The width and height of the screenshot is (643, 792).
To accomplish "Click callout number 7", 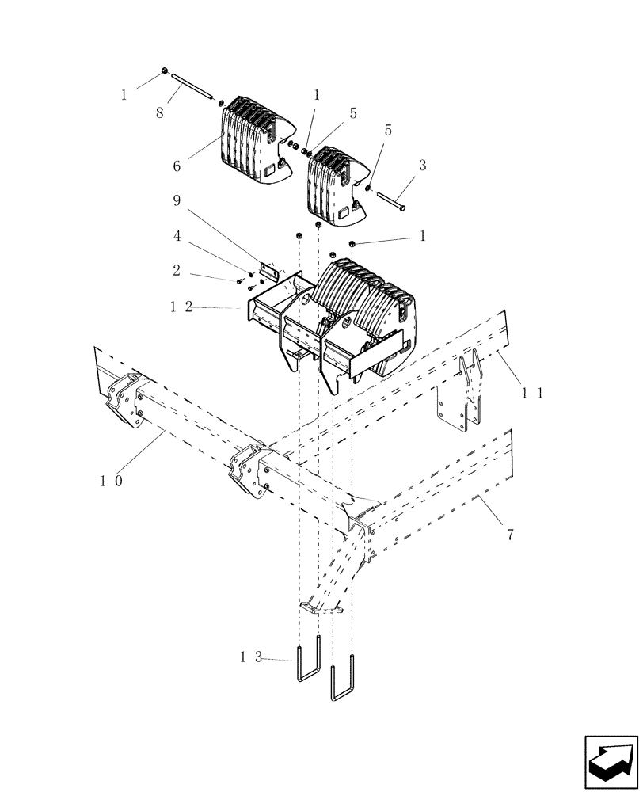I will coord(510,535).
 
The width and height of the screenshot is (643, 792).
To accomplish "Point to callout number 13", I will coord(248,657).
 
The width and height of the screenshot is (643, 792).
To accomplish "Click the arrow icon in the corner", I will coord(611,760).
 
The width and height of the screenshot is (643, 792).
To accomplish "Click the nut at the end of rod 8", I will coord(164,71).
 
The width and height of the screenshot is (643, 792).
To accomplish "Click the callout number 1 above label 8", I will coord(124,96).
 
